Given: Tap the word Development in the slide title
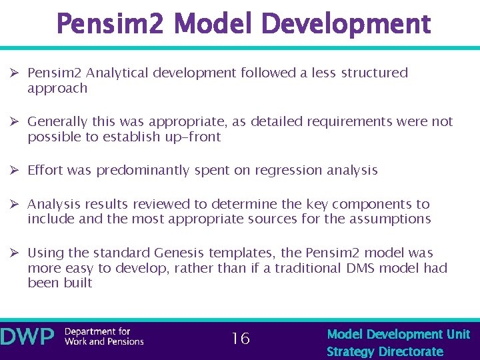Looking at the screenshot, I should pyautogui.click(x=347, y=25).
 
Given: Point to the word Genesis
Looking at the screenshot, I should pyautogui.click(x=179, y=253).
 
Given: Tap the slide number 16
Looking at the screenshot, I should pyautogui.click(x=240, y=339).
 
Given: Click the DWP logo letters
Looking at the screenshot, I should pyautogui.click(x=28, y=337).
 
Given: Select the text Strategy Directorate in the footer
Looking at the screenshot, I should pyautogui.click(x=385, y=351).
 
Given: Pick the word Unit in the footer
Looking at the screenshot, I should pyautogui.click(x=458, y=334).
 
